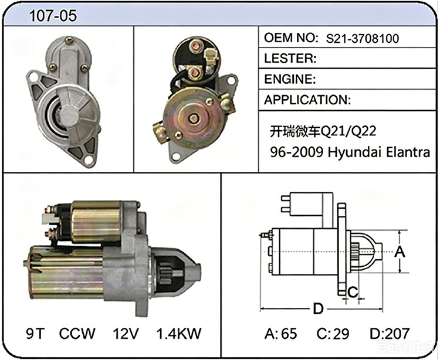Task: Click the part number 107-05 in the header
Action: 53,16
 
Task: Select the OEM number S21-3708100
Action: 362,39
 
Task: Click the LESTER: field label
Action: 290,58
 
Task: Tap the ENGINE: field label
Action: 290,79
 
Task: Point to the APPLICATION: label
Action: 307,100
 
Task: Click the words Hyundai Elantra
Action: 379,152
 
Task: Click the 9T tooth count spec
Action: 35,334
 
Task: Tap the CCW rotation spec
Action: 77,334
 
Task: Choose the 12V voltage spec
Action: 126,334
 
